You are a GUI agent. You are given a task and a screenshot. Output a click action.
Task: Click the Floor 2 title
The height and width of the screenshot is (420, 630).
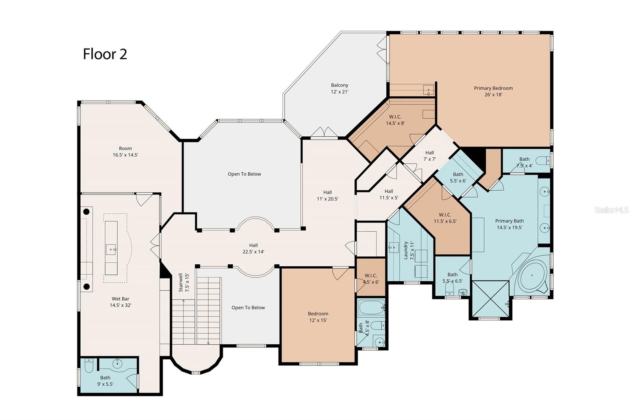105,54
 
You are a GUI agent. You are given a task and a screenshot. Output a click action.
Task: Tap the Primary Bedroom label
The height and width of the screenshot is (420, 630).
493,88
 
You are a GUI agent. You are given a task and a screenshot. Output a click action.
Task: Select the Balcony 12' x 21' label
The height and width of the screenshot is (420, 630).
339,88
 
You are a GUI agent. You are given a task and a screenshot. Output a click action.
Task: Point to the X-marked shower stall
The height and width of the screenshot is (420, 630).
490,299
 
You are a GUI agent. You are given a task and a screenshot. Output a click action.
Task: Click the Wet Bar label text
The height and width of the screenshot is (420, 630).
120,299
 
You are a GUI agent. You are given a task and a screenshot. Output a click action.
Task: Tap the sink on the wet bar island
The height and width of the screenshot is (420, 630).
111,249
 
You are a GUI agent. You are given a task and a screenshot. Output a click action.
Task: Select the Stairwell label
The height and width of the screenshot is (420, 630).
181,282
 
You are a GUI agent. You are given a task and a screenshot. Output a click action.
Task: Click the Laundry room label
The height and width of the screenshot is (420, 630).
406,250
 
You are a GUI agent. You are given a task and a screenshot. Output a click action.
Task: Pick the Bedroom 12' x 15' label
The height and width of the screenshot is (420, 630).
318,317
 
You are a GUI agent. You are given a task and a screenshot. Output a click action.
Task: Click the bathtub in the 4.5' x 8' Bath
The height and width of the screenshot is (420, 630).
371,307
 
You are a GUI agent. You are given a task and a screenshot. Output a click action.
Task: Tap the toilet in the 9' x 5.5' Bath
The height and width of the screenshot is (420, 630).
89,365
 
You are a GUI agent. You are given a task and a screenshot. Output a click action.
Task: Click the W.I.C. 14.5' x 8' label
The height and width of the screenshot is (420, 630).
395,120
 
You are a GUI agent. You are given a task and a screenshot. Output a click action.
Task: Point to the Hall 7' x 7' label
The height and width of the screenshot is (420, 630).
430,156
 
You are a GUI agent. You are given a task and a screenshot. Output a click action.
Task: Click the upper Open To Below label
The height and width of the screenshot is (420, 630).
245,174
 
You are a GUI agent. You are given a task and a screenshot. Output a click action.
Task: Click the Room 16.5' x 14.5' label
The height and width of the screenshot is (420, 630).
126,151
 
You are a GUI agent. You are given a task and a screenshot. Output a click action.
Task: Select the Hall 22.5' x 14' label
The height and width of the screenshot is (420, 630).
254,248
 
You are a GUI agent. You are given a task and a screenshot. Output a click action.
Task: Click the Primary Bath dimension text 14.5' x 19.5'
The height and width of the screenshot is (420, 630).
510,227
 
